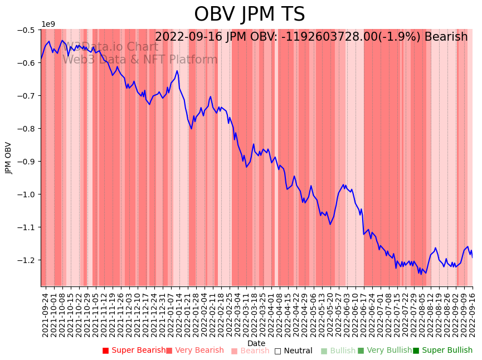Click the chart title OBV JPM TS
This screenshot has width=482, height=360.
click(249, 14)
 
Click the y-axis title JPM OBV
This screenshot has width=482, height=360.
click(9, 158)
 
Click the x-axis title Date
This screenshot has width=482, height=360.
click(256, 343)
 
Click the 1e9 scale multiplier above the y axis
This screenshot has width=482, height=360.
click(48, 24)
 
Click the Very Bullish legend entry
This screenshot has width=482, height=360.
click(384, 351)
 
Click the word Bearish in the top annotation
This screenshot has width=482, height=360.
click(446, 37)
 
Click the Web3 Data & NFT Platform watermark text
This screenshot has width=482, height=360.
click(139, 60)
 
